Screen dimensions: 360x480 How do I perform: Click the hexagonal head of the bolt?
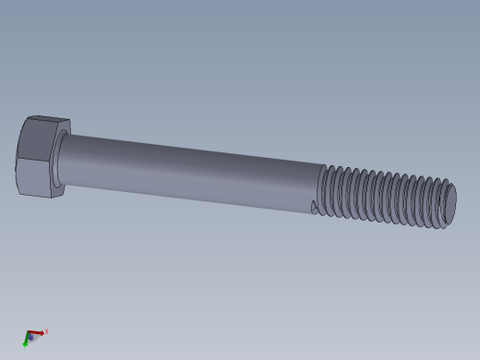pyautogui.click(x=37, y=157)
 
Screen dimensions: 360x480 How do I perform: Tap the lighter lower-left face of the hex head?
pyautogui.click(x=33, y=177)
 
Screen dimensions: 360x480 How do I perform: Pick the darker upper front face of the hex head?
pyautogui.click(x=37, y=139)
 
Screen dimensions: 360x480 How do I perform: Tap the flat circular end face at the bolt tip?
pyautogui.click(x=450, y=205)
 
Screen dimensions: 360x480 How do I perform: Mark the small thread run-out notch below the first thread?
pyautogui.click(x=315, y=209)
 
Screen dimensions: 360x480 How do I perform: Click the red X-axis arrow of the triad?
pyautogui.click(x=36, y=332)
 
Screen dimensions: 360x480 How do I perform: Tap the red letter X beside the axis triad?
pyautogui.click(x=46, y=331)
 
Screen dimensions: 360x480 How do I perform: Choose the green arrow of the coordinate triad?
pyautogui.click(x=26, y=342)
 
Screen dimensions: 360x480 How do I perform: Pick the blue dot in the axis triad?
pyautogui.click(x=30, y=337)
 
